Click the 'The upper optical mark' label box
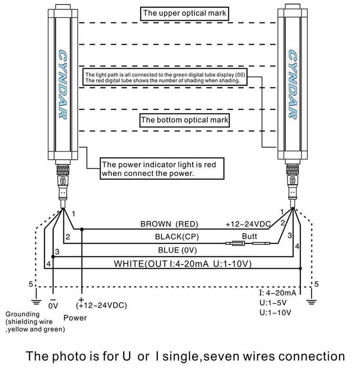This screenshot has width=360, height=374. [185, 13]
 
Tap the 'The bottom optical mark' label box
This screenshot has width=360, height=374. [185, 120]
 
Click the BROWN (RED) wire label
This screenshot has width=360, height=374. [169, 224]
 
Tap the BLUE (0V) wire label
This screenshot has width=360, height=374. [177, 250]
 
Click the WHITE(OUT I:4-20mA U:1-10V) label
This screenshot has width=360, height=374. [183, 264]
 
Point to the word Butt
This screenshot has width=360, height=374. [249, 236]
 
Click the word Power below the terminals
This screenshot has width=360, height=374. [75, 318]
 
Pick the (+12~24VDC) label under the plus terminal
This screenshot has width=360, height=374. [102, 305]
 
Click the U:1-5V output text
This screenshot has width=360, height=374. [274, 303]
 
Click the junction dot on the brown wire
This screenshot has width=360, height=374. [82, 229]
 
